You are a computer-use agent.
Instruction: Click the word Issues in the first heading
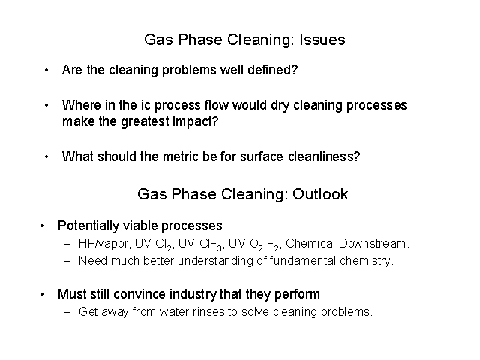(x=322, y=40)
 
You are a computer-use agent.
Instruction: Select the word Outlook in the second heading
(x=320, y=194)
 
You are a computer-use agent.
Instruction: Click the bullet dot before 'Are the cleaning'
(x=46, y=70)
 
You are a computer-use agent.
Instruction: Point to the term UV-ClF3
(x=201, y=244)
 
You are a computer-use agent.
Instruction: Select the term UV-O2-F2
(x=255, y=244)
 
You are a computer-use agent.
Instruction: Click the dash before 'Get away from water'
(x=67, y=312)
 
